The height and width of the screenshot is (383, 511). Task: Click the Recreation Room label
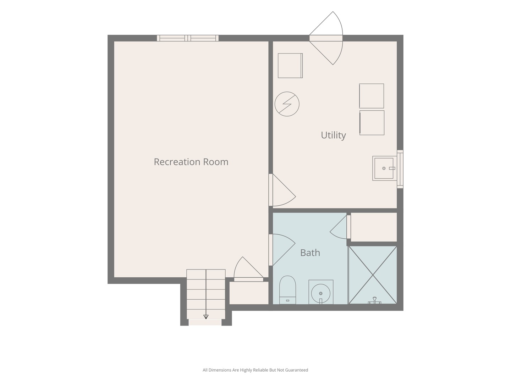click(x=191, y=162)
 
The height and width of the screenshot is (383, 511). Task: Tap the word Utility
click(x=333, y=135)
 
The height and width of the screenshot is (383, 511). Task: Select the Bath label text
click(x=310, y=253)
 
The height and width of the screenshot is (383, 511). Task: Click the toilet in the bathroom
click(x=287, y=290)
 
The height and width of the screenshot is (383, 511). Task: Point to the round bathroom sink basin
click(x=320, y=293)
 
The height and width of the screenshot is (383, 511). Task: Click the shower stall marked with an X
click(x=373, y=275)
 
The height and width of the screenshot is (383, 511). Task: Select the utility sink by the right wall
click(x=384, y=168)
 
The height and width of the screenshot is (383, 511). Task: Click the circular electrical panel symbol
click(x=287, y=104)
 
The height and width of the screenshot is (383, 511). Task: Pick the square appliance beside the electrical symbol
click(x=290, y=66)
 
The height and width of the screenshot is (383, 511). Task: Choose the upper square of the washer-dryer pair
click(x=372, y=96)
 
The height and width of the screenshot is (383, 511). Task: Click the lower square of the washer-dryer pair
click(x=372, y=123)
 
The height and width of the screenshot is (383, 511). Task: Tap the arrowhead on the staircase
click(x=206, y=317)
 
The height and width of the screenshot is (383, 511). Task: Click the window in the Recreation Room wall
click(x=188, y=38)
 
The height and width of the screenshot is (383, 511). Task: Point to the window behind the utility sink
click(x=400, y=169)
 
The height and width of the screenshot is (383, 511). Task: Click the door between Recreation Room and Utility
click(x=282, y=190)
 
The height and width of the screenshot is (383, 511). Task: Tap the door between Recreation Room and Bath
click(x=282, y=250)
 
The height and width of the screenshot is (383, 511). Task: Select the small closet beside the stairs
click(x=249, y=293)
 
